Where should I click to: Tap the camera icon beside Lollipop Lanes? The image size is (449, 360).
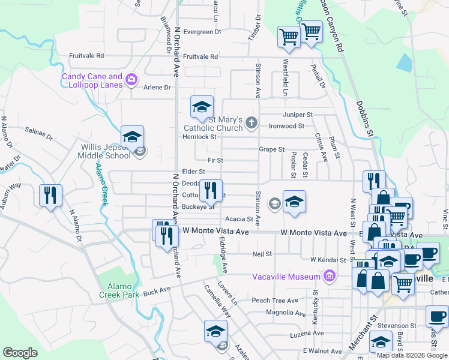pos(131,79)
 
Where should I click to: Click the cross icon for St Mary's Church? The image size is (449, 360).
pos(252,124)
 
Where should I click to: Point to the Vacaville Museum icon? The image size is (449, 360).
pos(328,276)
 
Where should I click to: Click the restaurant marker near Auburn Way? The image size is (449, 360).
pos(50,195)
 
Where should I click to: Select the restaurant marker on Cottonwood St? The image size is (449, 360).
pos(210,191)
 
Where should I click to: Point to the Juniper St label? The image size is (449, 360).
pos(299,115)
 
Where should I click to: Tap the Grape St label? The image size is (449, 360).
pos(271,149)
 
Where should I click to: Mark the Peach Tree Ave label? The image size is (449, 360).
pos(275,301)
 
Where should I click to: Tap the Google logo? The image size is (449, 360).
pos(20,353)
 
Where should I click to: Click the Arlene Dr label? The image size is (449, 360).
pos(157,88)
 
